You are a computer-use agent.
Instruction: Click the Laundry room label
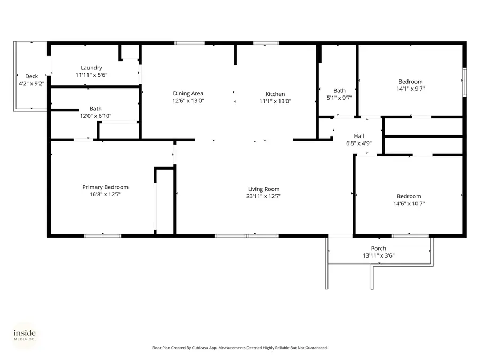(x=91, y=68)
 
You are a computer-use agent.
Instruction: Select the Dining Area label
(x=188, y=94)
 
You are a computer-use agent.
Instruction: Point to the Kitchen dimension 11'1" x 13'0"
(x=275, y=101)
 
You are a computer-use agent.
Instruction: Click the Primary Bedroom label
(x=105, y=187)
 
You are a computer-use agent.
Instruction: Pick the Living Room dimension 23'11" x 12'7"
(x=263, y=196)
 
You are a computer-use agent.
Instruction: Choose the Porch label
(x=378, y=249)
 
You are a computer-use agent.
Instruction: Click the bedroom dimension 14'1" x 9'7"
(x=410, y=89)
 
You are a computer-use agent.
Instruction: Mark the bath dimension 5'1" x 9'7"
(x=339, y=98)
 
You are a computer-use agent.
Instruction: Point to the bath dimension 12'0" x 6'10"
(x=95, y=115)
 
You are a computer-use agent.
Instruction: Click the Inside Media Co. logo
(x=25, y=335)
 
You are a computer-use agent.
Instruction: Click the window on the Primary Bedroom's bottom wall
(x=102, y=235)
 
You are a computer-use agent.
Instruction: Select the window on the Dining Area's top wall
(x=189, y=43)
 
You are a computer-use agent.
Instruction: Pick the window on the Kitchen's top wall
(x=262, y=43)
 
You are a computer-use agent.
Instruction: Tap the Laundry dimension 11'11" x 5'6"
(x=91, y=75)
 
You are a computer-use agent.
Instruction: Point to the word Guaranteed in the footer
(x=315, y=348)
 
